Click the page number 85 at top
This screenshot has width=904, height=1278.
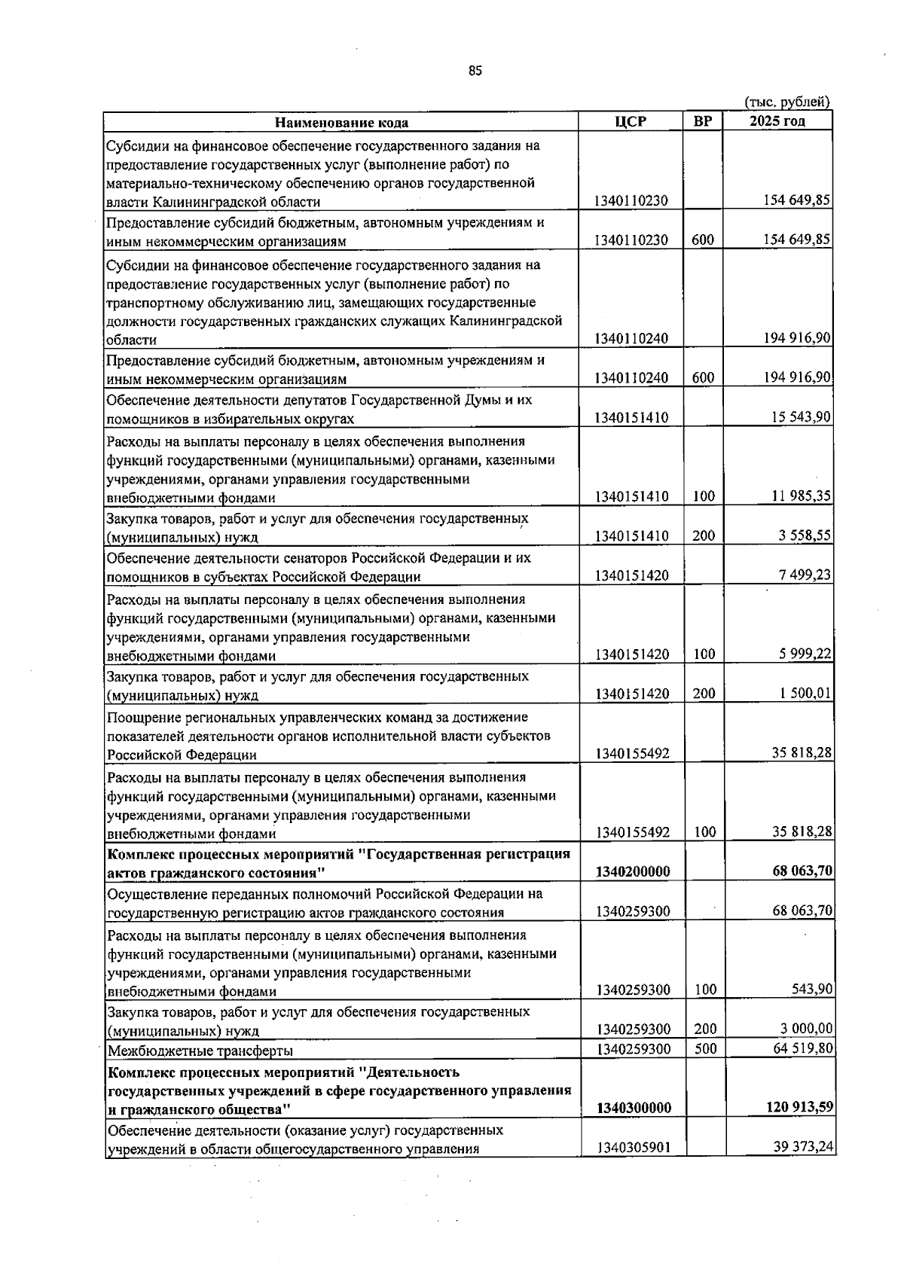point(475,71)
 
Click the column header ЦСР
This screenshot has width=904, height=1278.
point(630,122)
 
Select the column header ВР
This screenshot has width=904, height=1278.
point(702,122)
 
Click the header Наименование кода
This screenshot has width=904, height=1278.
point(341,123)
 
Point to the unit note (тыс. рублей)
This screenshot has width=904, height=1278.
point(787,102)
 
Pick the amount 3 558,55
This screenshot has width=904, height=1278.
point(805,535)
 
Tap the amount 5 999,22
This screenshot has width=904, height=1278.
point(805,654)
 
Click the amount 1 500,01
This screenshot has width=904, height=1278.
point(805,693)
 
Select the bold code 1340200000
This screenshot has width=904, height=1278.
point(632,871)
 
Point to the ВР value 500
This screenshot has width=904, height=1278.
point(705,1048)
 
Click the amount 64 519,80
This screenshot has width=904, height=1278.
point(802,1048)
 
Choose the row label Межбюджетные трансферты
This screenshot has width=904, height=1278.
point(200,1050)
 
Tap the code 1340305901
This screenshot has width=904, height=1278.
point(632,1148)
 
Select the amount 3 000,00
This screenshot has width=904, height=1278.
point(806,1029)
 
